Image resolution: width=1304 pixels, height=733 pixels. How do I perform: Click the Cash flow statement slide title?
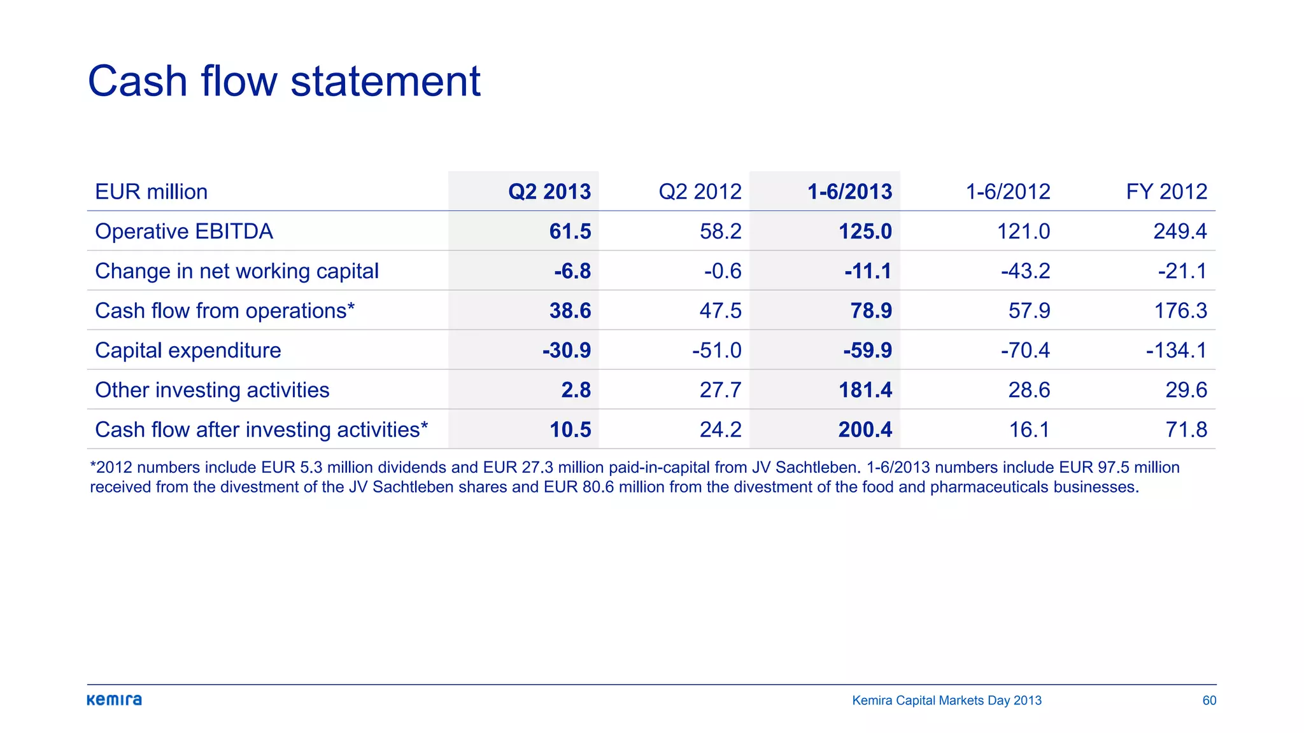point(284,81)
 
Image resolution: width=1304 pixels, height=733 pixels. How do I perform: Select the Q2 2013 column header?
point(549,192)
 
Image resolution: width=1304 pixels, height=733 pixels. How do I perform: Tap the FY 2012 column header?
point(1166,192)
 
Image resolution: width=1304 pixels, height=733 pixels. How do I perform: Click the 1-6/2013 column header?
point(849,192)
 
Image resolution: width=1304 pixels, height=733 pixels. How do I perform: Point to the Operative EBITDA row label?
point(184,231)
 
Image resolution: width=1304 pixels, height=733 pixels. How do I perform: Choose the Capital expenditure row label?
point(188,350)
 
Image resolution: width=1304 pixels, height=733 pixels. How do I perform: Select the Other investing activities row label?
point(212,390)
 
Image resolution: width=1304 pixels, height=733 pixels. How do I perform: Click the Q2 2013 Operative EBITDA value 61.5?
point(570,231)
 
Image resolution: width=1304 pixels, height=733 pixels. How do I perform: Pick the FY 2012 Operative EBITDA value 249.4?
point(1180,231)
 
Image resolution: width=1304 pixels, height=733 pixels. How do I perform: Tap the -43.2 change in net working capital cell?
point(1025,271)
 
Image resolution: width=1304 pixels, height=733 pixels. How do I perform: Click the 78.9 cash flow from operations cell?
point(871,311)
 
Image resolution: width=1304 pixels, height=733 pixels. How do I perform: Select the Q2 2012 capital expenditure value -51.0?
point(717,350)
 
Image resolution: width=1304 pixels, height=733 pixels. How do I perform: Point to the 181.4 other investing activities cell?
point(865,390)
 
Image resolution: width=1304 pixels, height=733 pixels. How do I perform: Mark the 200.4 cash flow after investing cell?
point(865,429)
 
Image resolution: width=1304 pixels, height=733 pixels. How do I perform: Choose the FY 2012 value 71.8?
point(1186,429)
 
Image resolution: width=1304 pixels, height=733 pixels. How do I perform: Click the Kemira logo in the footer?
point(115,700)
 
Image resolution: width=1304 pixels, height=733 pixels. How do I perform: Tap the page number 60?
point(1209,701)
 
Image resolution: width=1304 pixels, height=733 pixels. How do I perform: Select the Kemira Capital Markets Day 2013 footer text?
point(947,701)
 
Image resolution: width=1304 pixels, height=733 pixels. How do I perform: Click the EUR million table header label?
point(152,192)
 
